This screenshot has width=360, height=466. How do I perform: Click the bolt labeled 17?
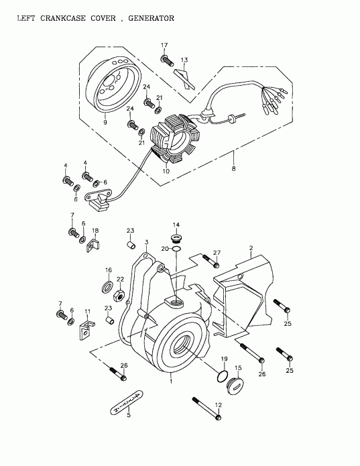pos(166,60)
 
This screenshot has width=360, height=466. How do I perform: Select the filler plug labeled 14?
pos(177,237)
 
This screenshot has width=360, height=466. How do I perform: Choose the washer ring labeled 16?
pos(107,288)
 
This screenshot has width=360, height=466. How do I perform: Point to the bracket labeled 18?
pos(94,245)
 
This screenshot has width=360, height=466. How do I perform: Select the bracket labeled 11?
pos(86,328)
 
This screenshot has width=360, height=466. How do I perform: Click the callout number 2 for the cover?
pos(251,248)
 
